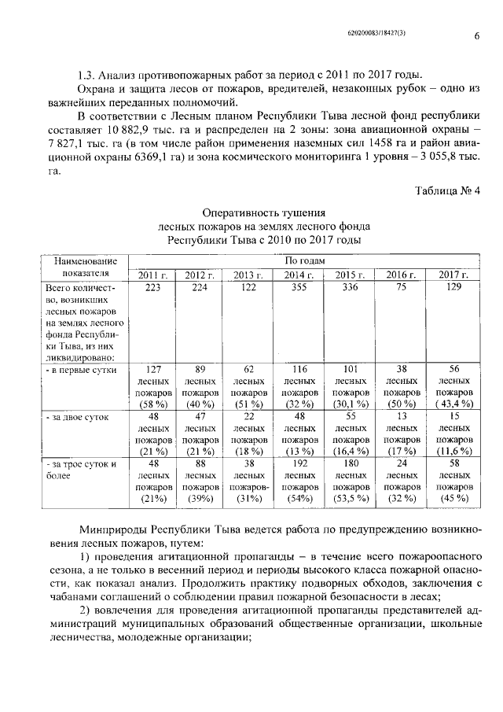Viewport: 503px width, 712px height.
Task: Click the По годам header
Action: pyautogui.click(x=299, y=260)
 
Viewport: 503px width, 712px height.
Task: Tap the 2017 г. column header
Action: pyautogui.click(x=453, y=274)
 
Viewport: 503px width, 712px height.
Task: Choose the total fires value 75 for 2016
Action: pyautogui.click(x=401, y=287)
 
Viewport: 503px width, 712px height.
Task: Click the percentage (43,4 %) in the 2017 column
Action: pyautogui.click(x=453, y=403)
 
